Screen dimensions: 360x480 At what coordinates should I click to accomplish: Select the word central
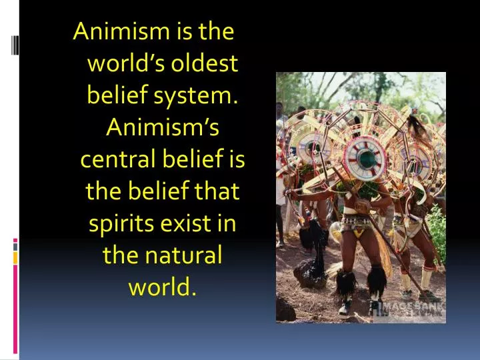pyautogui.click(x=117, y=160)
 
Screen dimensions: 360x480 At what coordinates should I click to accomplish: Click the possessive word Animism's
pyautogui.click(x=162, y=128)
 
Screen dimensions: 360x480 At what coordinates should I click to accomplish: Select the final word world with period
pyautogui.click(x=162, y=287)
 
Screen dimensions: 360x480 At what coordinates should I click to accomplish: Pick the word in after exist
pyautogui.click(x=227, y=223)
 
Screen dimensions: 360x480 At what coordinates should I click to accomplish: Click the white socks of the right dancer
pyautogui.click(x=408, y=281)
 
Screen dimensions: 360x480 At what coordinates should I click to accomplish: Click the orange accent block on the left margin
pyautogui.click(x=15, y=256)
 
